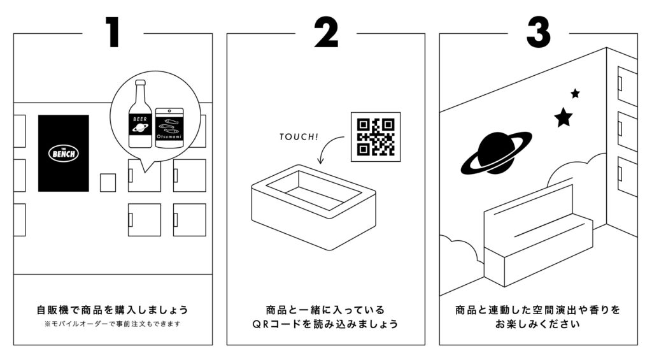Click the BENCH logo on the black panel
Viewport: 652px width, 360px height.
63,153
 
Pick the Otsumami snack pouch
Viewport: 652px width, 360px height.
169,127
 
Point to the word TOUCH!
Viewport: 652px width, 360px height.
299,136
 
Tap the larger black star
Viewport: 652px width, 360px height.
563,117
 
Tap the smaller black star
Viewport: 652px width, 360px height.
575,94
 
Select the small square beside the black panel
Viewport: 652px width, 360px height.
108,182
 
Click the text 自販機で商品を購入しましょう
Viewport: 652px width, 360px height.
113,310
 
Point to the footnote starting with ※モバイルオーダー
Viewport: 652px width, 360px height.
113,324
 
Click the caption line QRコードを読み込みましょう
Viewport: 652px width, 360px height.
325,324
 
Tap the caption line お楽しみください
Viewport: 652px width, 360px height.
538,324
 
